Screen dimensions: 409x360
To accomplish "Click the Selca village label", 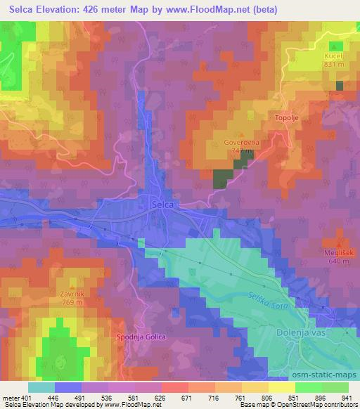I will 162,204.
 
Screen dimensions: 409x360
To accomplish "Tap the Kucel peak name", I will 333,56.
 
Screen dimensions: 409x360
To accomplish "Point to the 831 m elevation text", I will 333,64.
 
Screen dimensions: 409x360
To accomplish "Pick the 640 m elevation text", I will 338,261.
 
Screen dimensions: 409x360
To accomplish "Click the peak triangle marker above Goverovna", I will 241,134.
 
